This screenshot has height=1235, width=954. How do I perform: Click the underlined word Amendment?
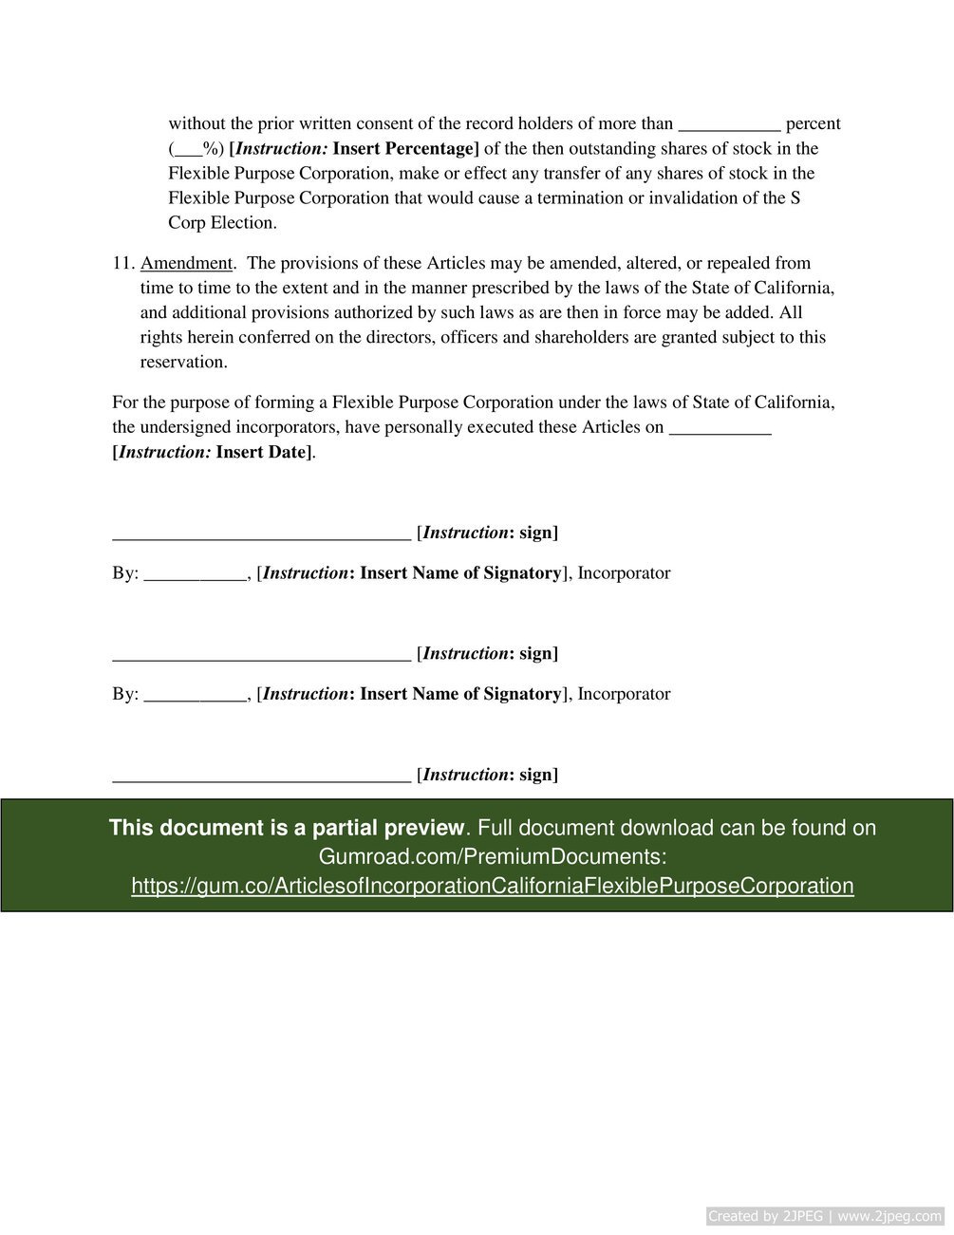(186, 263)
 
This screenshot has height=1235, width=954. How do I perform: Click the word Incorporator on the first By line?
(624, 573)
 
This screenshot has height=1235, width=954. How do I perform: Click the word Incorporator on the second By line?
(624, 694)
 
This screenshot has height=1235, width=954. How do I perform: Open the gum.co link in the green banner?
(492, 886)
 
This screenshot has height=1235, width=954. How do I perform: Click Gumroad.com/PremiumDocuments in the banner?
(492, 856)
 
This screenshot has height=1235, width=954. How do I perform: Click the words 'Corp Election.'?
(222, 224)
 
